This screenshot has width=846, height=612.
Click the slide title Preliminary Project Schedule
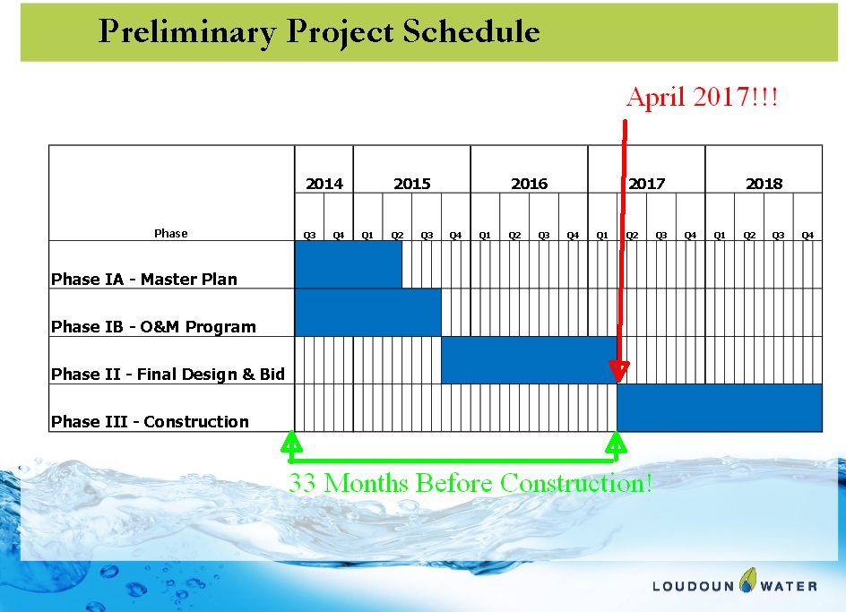pyautogui.click(x=319, y=32)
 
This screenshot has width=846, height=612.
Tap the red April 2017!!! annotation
pyautogui.click(x=702, y=97)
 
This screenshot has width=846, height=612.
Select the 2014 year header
pyautogui.click(x=324, y=184)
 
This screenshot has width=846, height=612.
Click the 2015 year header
pyautogui.click(x=412, y=184)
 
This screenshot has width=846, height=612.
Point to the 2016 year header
pyautogui.click(x=530, y=184)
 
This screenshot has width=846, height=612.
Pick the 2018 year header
pyautogui.click(x=764, y=184)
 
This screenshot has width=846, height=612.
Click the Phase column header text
pyautogui.click(x=171, y=233)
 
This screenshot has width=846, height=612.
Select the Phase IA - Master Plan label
pyautogui.click(x=144, y=279)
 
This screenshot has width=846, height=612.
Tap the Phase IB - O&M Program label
pyautogui.click(x=153, y=326)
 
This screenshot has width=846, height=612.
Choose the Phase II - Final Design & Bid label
pyautogui.click(x=168, y=374)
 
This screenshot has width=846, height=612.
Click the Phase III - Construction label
pyautogui.click(x=150, y=421)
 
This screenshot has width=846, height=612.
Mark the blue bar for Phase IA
pyautogui.click(x=349, y=264)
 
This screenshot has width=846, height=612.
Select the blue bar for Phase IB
pyautogui.click(x=368, y=313)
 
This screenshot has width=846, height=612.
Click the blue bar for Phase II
pyautogui.click(x=530, y=360)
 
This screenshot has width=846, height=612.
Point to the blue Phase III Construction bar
pyautogui.click(x=720, y=408)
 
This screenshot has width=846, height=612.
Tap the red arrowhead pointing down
pyautogui.click(x=619, y=372)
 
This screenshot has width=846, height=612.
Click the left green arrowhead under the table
pyautogui.click(x=291, y=442)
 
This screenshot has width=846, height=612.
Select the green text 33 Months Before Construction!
pyautogui.click(x=470, y=483)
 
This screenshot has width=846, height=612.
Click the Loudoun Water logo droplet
pyautogui.click(x=747, y=580)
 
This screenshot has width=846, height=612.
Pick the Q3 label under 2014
pyautogui.click(x=309, y=236)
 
